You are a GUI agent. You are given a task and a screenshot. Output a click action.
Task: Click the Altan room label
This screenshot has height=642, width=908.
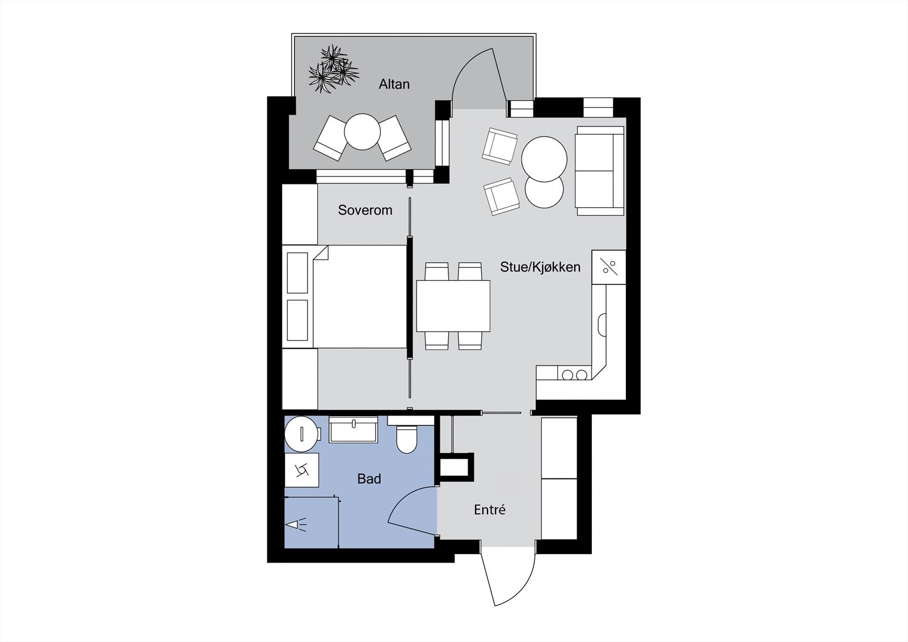(x=394, y=84)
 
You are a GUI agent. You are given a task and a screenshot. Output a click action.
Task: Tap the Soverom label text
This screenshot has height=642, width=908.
(x=365, y=210)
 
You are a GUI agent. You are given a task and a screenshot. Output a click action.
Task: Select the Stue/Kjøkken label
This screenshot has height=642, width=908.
(x=540, y=267)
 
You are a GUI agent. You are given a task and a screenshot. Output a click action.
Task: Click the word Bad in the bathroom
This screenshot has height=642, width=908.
(x=369, y=479)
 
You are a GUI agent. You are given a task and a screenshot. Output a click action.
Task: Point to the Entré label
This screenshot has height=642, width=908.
(x=489, y=510)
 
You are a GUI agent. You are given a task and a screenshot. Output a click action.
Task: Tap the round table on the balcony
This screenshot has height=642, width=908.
(x=362, y=132)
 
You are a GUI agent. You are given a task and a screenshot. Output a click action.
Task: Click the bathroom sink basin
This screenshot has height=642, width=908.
(x=354, y=430)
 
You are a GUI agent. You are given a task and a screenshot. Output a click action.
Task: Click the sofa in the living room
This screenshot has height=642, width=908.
(x=600, y=170)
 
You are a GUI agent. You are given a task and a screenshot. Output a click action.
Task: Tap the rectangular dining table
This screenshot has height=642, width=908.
(x=453, y=306)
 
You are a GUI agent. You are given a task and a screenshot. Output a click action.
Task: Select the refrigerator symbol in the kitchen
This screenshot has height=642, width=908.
(x=609, y=267)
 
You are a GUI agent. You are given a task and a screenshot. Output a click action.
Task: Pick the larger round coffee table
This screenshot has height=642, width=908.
(x=544, y=159)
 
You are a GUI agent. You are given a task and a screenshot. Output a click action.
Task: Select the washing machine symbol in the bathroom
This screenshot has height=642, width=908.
(x=301, y=469)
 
